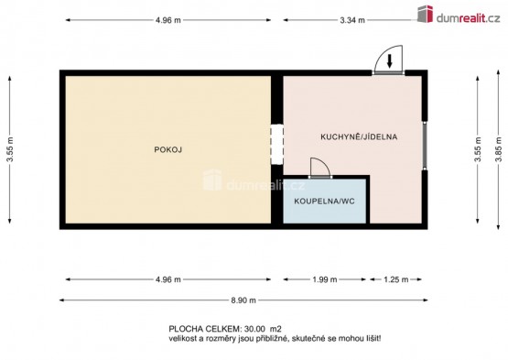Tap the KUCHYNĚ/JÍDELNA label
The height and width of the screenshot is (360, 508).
click(x=359, y=136)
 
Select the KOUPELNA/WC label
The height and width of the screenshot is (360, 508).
click(x=324, y=202)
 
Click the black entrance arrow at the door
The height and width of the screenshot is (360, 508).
click(x=390, y=61)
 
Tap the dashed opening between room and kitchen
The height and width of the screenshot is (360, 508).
click(x=277, y=145)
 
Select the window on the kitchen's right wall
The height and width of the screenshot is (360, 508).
click(x=425, y=145)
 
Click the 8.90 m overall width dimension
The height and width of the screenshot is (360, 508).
click(x=243, y=300)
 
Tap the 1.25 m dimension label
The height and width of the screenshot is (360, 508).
click(x=396, y=279)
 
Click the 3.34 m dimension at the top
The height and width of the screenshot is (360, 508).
click(x=352, y=20)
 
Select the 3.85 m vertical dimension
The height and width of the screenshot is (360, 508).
click(x=498, y=149)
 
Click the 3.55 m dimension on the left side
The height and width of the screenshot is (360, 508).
click(x=10, y=149)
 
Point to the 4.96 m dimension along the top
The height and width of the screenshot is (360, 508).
click(x=168, y=20)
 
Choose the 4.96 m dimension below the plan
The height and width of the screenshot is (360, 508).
click(x=168, y=279)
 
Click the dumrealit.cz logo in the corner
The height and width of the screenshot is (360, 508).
click(x=459, y=15)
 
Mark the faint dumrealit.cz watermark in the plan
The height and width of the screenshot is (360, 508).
click(x=254, y=182)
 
